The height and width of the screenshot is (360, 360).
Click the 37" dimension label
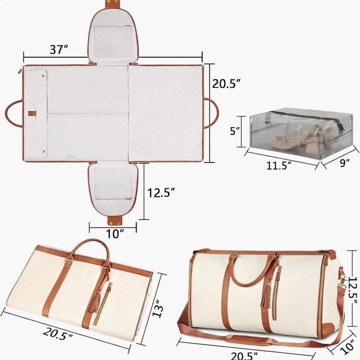tap(59, 49)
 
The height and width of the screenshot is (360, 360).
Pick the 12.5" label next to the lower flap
tap(161, 192)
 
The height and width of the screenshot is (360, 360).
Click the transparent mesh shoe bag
tap(300, 131)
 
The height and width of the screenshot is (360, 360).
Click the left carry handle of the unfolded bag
tap(14, 112)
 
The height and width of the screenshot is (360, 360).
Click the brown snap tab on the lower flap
tap(115, 220)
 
